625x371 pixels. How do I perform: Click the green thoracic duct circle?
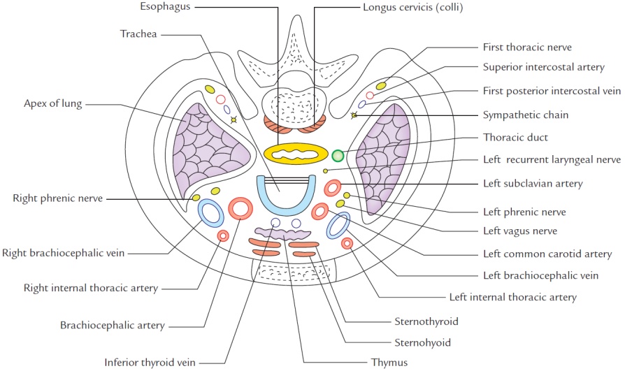[338, 155]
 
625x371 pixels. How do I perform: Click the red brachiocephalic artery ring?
[241, 208]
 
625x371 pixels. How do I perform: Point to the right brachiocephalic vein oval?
[210, 212]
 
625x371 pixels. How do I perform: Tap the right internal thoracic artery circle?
[223, 235]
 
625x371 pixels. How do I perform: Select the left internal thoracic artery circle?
[347, 243]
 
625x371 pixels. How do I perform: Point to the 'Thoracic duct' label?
[513, 138]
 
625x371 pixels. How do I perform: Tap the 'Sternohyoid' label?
[422, 342]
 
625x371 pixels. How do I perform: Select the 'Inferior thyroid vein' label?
[151, 362]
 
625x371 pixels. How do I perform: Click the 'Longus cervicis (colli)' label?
[413, 7]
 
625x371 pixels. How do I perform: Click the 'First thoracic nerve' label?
[528, 48]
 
